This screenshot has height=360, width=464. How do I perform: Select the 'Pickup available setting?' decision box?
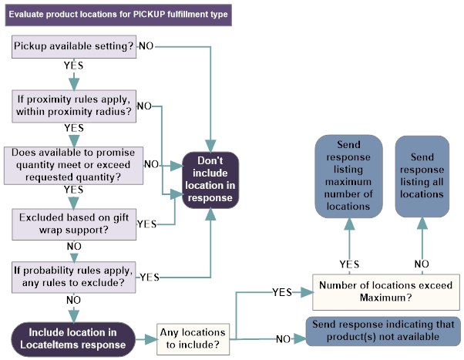(74, 47)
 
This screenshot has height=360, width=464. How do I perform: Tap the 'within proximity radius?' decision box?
(74, 106)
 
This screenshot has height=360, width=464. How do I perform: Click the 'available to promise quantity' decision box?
(73, 164)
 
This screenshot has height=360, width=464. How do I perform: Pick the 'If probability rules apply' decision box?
(74, 276)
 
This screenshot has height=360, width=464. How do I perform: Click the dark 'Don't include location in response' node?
(210, 180)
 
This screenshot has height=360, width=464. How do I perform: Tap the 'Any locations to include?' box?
(194, 338)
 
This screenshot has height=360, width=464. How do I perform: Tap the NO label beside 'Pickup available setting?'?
(146, 46)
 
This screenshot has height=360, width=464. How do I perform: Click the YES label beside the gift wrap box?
(146, 224)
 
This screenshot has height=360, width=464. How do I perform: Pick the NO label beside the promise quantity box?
(152, 165)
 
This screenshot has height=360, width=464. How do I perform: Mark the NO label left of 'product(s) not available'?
(284, 339)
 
